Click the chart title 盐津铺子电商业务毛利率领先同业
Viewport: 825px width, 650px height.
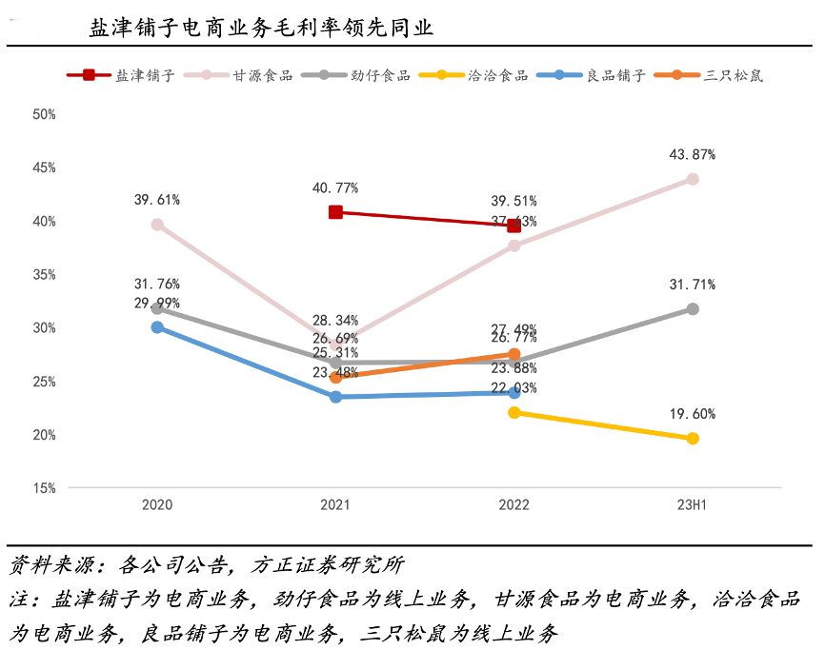point(261,28)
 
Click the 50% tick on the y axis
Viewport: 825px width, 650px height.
point(45,114)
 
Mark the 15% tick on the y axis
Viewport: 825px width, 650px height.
point(45,488)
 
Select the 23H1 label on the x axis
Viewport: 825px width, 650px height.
point(693,505)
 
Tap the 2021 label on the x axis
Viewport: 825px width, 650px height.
point(335,505)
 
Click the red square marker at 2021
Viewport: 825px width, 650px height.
point(335,212)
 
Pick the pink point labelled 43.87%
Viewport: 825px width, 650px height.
point(693,179)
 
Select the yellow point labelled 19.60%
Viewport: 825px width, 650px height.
point(693,439)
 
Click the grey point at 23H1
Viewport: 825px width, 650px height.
point(693,309)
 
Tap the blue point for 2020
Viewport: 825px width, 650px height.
point(157,327)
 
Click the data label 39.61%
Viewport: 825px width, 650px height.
point(157,200)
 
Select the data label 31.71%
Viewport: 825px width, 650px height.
point(693,285)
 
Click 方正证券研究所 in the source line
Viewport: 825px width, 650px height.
point(329,565)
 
